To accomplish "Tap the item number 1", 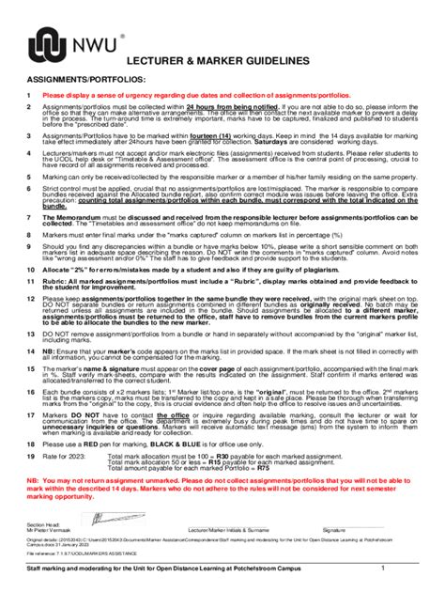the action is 29,96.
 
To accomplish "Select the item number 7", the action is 29,215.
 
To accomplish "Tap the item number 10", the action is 30,267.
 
